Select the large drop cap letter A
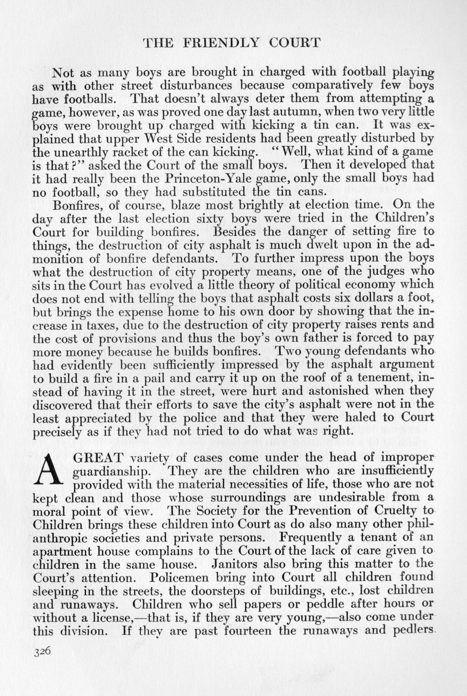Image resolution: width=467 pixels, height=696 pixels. tap(50, 470)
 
